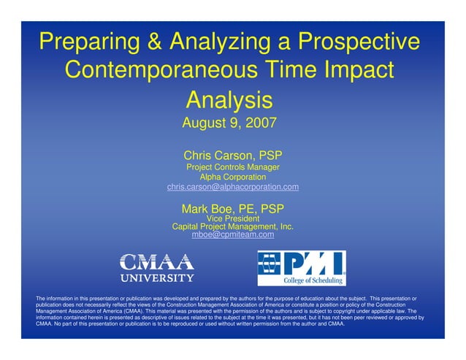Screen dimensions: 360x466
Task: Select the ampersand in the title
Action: (154, 42)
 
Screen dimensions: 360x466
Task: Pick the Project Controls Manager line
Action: (232, 167)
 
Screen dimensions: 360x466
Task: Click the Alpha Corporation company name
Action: (232, 177)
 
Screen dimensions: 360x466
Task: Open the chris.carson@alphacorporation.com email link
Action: (232, 188)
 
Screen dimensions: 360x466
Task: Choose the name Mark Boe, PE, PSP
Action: (232, 209)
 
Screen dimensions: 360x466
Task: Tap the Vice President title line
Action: (232, 218)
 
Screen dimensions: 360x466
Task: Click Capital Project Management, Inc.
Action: (232, 227)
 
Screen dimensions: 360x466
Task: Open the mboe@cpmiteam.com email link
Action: (232, 235)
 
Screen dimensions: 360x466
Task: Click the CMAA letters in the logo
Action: (156, 262)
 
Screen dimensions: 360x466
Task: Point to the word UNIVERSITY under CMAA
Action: (156, 277)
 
